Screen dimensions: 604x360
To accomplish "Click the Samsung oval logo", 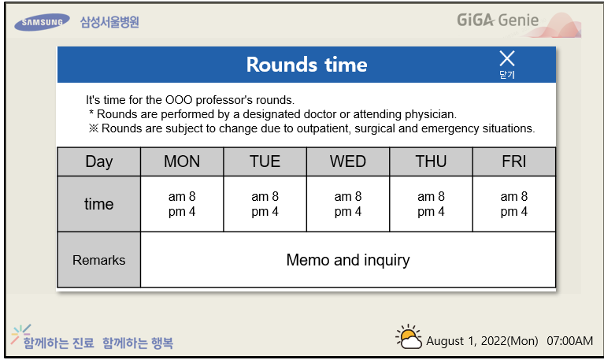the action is pyautogui.click(x=42, y=22).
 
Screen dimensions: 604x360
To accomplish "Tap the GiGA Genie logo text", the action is pyautogui.click(x=498, y=20).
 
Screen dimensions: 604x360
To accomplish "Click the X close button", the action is pyautogui.click(x=507, y=59).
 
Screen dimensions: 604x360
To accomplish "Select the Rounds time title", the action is pyautogui.click(x=306, y=65).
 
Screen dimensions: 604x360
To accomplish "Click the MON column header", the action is pyautogui.click(x=182, y=161).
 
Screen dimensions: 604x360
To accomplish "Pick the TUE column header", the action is pyautogui.click(x=265, y=161).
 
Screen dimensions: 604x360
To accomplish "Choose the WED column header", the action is pyautogui.click(x=348, y=161).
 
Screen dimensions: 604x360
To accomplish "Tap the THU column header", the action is pyautogui.click(x=431, y=161).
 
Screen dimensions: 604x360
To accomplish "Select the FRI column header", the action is pyautogui.click(x=514, y=161).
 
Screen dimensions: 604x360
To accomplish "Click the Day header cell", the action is pyautogui.click(x=99, y=161).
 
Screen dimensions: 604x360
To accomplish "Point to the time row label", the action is pyautogui.click(x=99, y=204).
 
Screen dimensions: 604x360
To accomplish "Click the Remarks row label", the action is pyautogui.click(x=99, y=260).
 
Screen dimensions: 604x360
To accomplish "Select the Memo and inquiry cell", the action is pyautogui.click(x=348, y=260).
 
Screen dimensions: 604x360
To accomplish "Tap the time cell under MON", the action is pyautogui.click(x=182, y=204).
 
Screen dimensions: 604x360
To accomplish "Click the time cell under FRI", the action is pyautogui.click(x=514, y=204).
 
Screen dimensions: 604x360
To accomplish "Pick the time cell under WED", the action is pyautogui.click(x=348, y=204).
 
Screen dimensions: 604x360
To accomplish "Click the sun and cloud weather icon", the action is pyautogui.click(x=409, y=336).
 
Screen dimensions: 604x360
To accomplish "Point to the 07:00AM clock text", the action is pyautogui.click(x=569, y=341).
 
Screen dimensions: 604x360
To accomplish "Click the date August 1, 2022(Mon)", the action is pyautogui.click(x=482, y=341).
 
